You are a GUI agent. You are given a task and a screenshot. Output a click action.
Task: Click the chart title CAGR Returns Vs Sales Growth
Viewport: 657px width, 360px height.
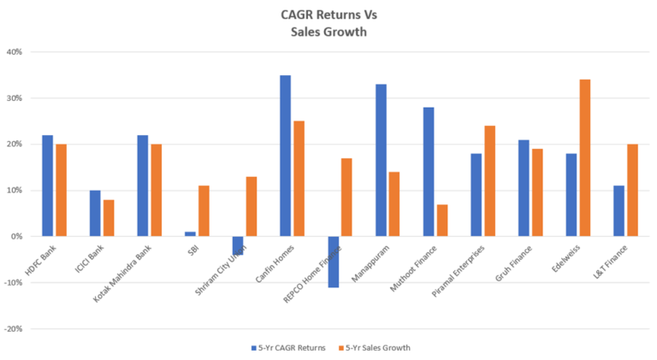tap(328, 23)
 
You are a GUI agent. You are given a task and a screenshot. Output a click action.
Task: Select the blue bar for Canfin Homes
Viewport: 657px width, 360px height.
tap(285, 156)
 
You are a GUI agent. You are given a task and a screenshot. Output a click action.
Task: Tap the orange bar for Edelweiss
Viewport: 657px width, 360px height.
tap(584, 157)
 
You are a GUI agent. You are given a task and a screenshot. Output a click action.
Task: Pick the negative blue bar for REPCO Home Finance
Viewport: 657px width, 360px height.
tap(333, 262)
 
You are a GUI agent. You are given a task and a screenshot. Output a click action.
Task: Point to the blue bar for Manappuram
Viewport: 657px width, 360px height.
tap(381, 160)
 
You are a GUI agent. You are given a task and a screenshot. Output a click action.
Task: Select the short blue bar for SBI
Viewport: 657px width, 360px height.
tap(190, 233)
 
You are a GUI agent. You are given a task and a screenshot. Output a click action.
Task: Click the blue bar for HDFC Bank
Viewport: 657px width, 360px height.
tap(47, 186)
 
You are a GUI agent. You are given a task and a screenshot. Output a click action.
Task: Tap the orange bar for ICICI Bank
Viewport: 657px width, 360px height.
tap(109, 217)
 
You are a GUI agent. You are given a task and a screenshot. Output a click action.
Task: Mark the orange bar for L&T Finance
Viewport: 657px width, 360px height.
tap(632, 190)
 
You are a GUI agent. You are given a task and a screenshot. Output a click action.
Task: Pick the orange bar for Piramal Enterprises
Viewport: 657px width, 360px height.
tap(489, 180)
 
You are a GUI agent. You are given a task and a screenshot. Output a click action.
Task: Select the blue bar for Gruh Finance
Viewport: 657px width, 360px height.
tap(524, 188)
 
